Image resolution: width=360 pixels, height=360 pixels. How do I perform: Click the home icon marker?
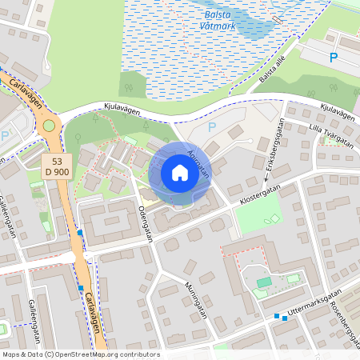click(179, 173)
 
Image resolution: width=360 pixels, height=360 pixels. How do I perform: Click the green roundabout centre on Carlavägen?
click(50, 125)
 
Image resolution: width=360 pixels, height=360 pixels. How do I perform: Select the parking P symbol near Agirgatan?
click(212, 126)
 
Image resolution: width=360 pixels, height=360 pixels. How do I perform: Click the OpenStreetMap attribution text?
click(80, 354)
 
